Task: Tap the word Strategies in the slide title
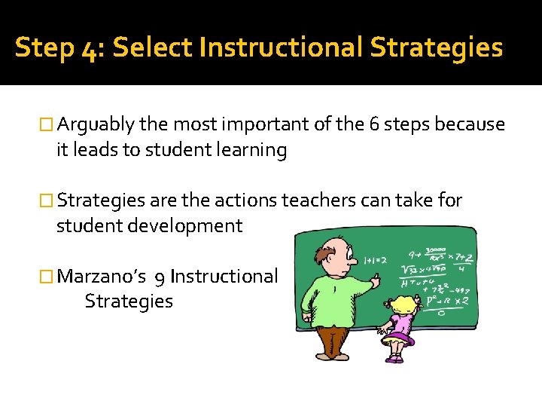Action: click(x=436, y=47)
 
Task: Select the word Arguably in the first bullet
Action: click(x=96, y=124)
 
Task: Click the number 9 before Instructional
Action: click(x=160, y=277)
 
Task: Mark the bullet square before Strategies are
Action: click(x=47, y=200)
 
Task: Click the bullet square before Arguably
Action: click(x=47, y=125)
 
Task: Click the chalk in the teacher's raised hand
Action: click(x=380, y=277)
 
